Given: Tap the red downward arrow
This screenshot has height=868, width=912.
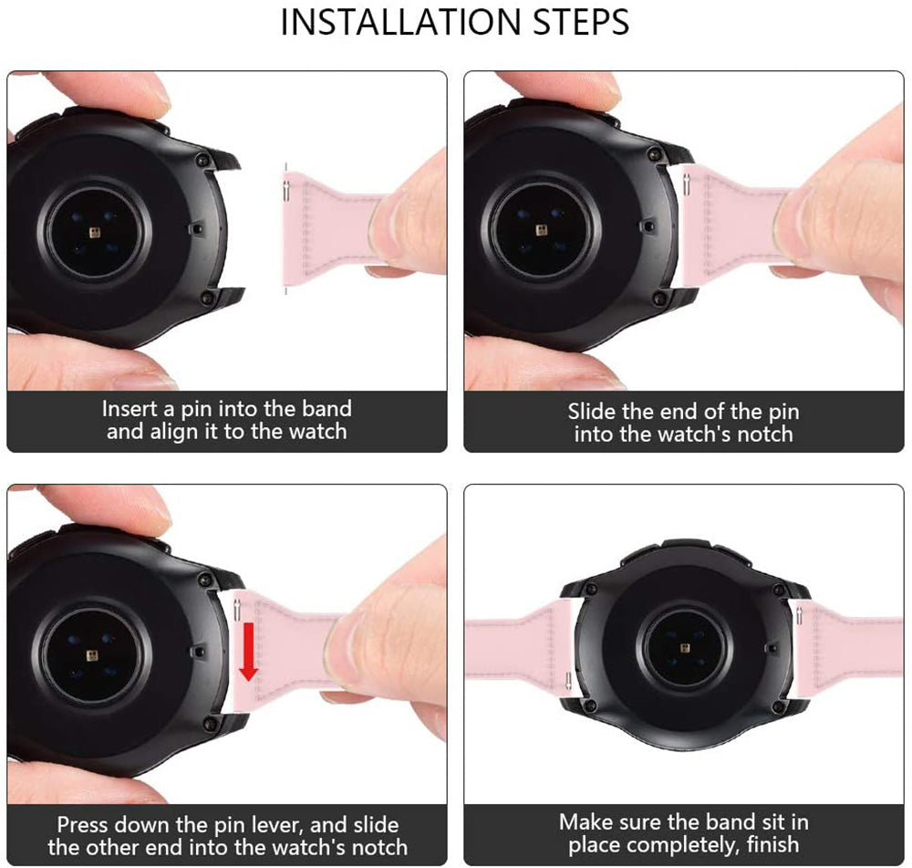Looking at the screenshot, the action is [x=248, y=651].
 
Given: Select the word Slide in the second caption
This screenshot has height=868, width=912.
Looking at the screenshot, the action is [x=592, y=411].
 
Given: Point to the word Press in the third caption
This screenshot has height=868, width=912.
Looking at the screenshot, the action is [x=83, y=824].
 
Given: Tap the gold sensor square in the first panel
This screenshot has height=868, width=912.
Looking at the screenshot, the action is [x=95, y=233].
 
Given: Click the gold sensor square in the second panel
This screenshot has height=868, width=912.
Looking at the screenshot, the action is [x=542, y=230].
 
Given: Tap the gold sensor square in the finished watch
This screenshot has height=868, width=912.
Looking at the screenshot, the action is [x=684, y=649].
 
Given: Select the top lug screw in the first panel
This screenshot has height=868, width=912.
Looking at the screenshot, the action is [x=203, y=158].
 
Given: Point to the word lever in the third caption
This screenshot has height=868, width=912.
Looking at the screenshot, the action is [x=277, y=825].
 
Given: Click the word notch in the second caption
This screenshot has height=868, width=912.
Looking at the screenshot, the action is [x=765, y=434].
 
